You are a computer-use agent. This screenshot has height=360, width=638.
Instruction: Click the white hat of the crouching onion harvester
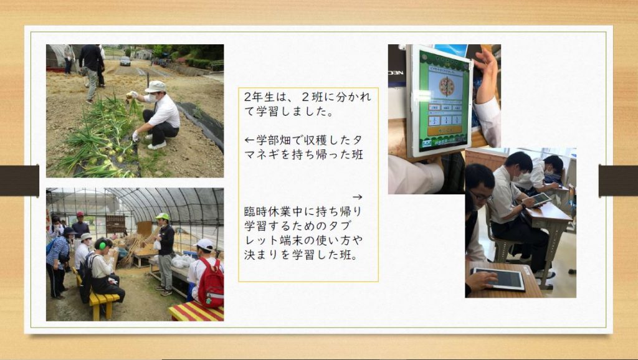pyautogui.click(x=155, y=86)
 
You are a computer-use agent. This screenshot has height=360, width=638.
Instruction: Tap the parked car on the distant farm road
pyautogui.click(x=125, y=61)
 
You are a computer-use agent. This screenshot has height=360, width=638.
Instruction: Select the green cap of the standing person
pyautogui.click(x=163, y=216)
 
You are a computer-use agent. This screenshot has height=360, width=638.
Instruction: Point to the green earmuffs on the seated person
pyautogui.click(x=101, y=245)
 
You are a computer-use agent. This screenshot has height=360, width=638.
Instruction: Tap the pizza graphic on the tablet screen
pyautogui.click(x=446, y=87)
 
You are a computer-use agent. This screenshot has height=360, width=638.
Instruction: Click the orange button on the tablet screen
pyautogui.click(x=444, y=131)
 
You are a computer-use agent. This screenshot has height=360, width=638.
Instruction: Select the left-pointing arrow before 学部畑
pyautogui.click(x=249, y=140)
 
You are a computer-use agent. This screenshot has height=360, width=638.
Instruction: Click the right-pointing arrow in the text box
pyautogui.click(x=357, y=197)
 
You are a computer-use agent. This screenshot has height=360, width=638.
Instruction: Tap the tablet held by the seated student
pyautogui.click(x=540, y=199)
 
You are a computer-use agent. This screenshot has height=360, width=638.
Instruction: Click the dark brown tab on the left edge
pyautogui.click(x=19, y=181)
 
